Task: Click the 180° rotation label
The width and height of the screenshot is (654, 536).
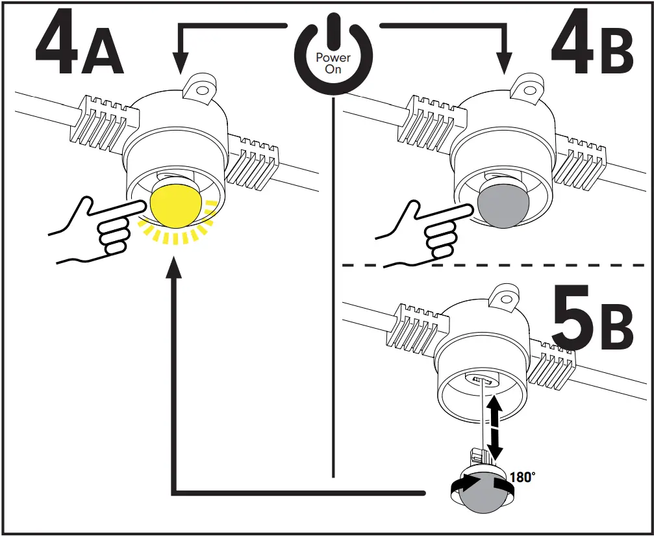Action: [x=523, y=478]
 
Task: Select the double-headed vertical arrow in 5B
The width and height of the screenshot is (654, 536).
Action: [x=496, y=429]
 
